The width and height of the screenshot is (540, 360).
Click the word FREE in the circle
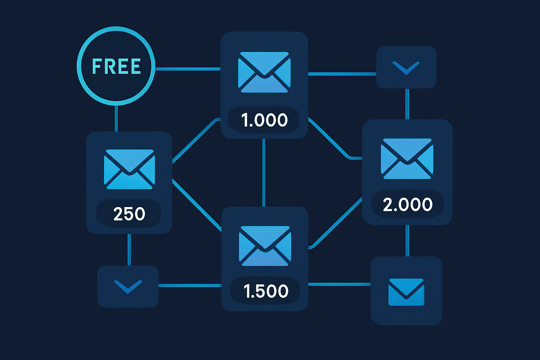116,66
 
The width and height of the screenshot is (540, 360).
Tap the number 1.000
264,120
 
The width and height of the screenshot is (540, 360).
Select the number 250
129,214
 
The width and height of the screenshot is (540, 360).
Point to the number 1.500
266,291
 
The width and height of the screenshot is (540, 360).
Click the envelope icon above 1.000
264,72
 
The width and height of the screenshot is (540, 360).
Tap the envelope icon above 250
129,169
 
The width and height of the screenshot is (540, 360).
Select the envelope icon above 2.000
407,159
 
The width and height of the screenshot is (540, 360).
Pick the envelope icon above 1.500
265,246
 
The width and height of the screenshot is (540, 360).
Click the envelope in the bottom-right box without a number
406,292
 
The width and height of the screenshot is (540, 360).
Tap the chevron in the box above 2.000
406,67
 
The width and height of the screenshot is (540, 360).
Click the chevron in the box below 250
128,286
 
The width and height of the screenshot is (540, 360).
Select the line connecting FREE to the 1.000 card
188,69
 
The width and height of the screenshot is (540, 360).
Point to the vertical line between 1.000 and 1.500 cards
264,172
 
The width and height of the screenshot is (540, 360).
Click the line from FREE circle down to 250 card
116,118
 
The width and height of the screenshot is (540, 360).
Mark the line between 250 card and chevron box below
129,250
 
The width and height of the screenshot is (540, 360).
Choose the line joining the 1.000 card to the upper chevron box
342,74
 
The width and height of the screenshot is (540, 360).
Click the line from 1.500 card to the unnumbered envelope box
339,284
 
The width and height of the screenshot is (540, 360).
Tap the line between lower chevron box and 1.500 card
190,285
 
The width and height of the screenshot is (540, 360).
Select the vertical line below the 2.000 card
407,240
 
